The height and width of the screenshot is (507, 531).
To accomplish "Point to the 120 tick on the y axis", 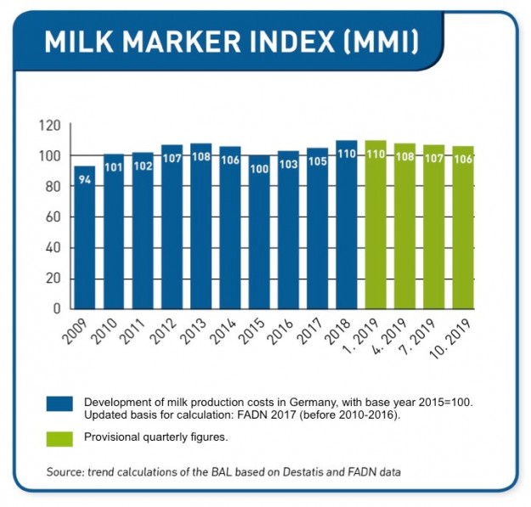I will pyautogui.click(x=50, y=126).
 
